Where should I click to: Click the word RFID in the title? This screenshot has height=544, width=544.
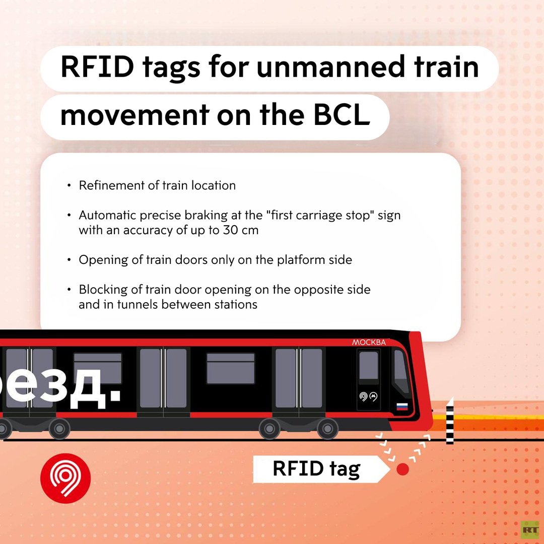click(98, 66)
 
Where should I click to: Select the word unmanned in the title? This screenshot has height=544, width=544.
click(330, 66)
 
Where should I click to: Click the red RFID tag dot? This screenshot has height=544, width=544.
click(402, 469)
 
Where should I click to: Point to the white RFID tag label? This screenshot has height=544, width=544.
click(321, 469)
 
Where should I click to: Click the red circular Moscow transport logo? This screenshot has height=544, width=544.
click(65, 478)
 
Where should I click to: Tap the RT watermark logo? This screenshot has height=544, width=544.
click(530, 530)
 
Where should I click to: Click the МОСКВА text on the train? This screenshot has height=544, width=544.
click(369, 343)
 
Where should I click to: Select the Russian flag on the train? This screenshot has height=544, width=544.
click(402, 406)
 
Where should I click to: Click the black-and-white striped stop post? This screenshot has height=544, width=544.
click(450, 421)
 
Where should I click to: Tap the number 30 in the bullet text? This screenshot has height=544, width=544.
click(230, 230)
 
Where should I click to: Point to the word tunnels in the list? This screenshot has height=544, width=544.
click(138, 304)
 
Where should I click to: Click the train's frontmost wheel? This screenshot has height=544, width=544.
click(327, 429)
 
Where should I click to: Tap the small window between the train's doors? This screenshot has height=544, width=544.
click(231, 368)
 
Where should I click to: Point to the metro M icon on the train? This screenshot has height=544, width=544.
click(373, 396)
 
